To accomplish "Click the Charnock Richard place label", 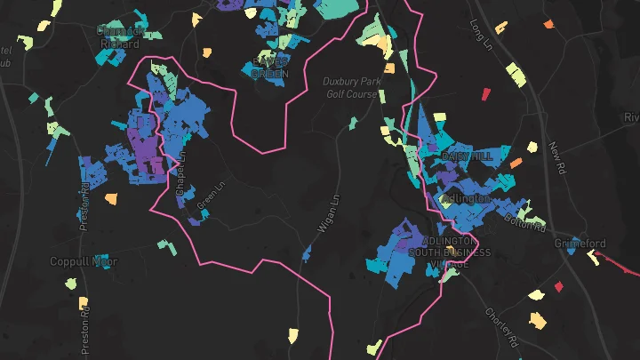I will (121, 35).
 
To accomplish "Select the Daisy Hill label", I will (467, 156).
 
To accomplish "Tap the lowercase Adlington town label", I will (464, 197).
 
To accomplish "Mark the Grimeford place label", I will (579, 244).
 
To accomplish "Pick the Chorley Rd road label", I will (501, 326).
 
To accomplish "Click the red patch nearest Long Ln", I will (486, 92).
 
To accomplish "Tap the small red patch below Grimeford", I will (559, 286).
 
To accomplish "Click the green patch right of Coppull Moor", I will (163, 243).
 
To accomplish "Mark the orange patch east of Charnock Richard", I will (207, 52).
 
